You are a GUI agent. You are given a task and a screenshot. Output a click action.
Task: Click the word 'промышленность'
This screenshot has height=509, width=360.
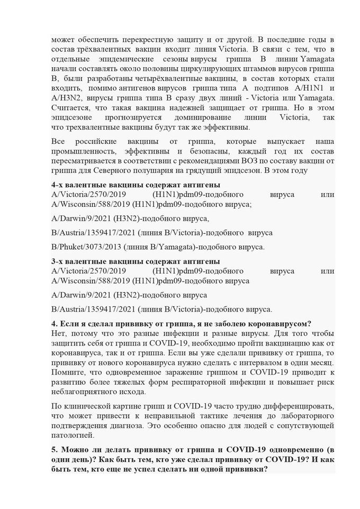coord(82,151)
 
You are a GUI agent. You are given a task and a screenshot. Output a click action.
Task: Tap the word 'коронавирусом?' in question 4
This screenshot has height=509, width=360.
coord(281,324)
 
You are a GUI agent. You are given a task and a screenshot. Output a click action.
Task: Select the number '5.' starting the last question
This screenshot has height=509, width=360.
coord(56,449)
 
